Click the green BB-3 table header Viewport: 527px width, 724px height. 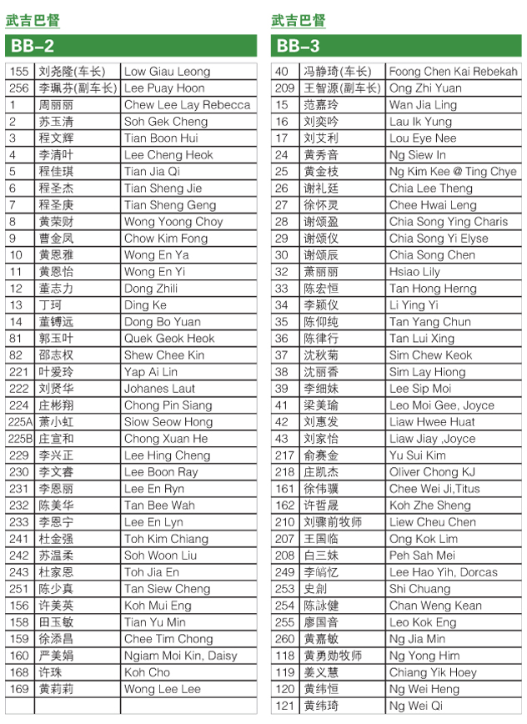[397, 46]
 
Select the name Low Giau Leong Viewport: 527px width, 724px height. [167, 72]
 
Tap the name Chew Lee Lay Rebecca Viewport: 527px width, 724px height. [187, 105]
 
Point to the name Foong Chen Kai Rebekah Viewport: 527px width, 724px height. [453, 72]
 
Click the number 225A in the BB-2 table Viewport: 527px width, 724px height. [20, 422]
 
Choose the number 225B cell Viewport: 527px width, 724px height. [20, 439]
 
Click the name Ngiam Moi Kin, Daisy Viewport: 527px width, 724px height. [181, 656]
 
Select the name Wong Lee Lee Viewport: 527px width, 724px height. [163, 689]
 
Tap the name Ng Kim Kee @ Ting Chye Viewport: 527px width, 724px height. [453, 172]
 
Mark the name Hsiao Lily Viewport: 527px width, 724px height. [414, 272]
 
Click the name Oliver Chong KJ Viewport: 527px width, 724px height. [432, 472]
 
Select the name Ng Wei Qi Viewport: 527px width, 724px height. [416, 706]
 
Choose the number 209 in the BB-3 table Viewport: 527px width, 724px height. [285, 88]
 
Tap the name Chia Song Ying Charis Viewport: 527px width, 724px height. [448, 222]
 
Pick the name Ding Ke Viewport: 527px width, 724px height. [145, 305]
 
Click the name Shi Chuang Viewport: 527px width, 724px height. [419, 589]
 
